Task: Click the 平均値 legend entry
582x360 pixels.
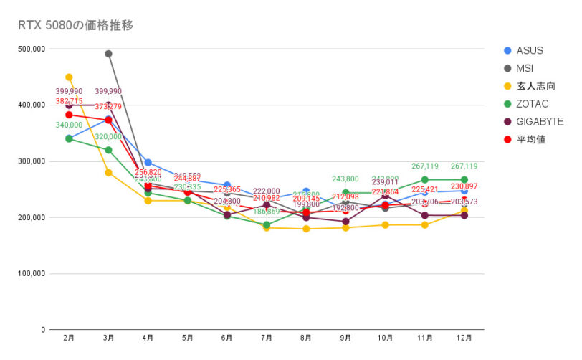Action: (531, 139)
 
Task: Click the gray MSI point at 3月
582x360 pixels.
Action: (108, 54)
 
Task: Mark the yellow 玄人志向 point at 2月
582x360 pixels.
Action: (69, 77)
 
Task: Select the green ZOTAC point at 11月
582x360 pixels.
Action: (425, 180)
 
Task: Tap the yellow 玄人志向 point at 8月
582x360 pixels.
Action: (306, 229)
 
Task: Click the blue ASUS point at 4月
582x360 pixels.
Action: (148, 163)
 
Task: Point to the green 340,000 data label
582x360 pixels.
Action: (69, 125)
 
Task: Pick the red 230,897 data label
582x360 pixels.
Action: (464, 186)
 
